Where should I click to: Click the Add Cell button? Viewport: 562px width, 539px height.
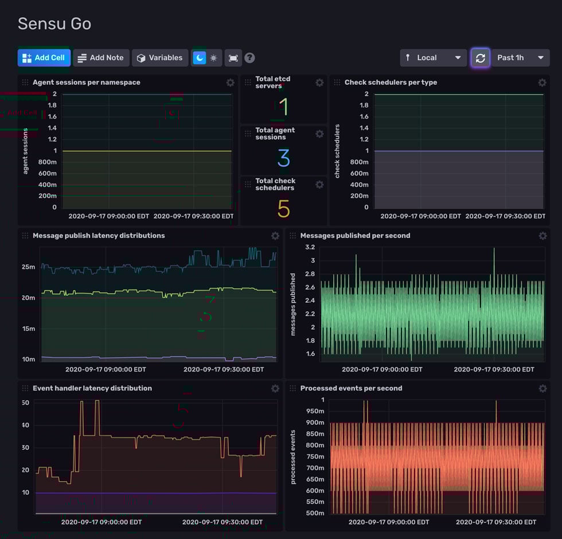[x=44, y=58]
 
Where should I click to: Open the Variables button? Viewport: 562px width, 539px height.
[x=160, y=58]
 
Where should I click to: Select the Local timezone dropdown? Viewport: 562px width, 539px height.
[x=433, y=58]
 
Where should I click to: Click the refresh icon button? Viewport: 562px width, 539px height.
[x=481, y=58]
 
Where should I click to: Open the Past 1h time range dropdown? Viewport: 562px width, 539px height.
[x=520, y=58]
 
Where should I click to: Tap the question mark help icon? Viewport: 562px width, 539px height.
[x=249, y=58]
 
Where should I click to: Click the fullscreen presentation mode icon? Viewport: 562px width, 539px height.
[x=233, y=58]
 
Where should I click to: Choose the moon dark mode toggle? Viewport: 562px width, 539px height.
[x=199, y=58]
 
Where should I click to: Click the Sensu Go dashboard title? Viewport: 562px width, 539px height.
[x=54, y=24]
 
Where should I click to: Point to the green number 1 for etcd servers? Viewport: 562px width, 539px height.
[x=283, y=107]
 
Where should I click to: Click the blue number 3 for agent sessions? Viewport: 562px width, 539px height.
[x=283, y=158]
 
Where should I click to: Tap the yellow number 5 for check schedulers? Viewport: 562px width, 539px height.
[x=283, y=209]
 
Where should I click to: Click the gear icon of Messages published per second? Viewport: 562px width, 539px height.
[x=543, y=236]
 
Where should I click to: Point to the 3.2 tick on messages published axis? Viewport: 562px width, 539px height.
[x=310, y=247]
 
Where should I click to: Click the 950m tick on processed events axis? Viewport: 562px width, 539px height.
[x=314, y=411]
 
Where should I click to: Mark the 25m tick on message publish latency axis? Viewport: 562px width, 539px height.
[x=29, y=267]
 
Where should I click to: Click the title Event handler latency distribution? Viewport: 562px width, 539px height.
[x=92, y=388]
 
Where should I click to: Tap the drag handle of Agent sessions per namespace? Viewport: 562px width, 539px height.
[x=25, y=83]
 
